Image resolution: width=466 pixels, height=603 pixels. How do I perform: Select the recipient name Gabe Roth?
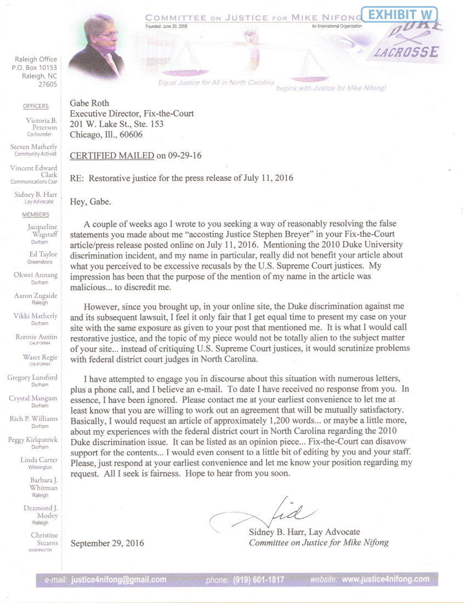pos(89,104)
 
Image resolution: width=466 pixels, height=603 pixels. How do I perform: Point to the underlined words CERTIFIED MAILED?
pos(112,156)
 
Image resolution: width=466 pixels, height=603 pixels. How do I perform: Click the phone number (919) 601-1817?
pos(259,579)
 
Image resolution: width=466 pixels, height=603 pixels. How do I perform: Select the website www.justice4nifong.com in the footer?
pos(385,579)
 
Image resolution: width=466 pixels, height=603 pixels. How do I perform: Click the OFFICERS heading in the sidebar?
pos(36,106)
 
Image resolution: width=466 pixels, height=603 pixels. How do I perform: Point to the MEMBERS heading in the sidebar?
pos(36,215)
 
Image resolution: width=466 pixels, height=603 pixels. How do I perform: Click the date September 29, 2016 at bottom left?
pos(107,543)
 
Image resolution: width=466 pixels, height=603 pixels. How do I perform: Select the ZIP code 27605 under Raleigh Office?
pos(47,85)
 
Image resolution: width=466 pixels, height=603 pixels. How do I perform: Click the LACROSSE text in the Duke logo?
pos(406,53)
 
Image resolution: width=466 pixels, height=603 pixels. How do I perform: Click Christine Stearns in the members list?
pos(44,539)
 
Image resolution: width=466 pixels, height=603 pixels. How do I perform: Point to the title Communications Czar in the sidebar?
pos(34,181)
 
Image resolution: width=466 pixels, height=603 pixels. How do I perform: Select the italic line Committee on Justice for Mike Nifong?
pos(319,543)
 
